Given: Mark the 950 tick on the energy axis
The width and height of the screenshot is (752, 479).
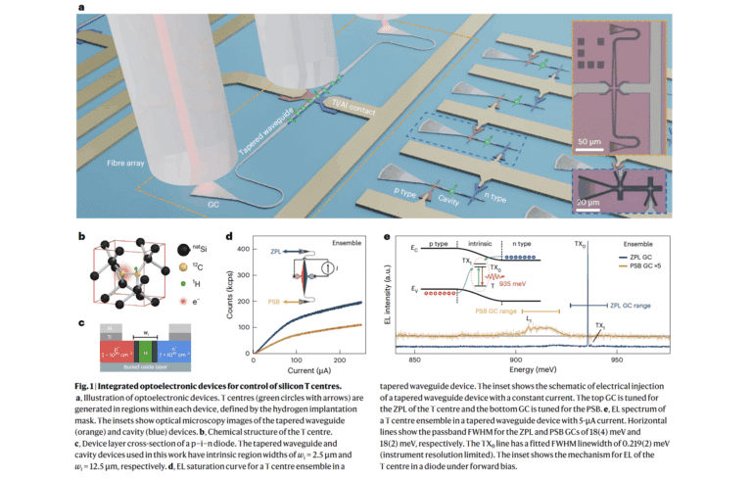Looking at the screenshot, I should (x=618, y=359).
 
